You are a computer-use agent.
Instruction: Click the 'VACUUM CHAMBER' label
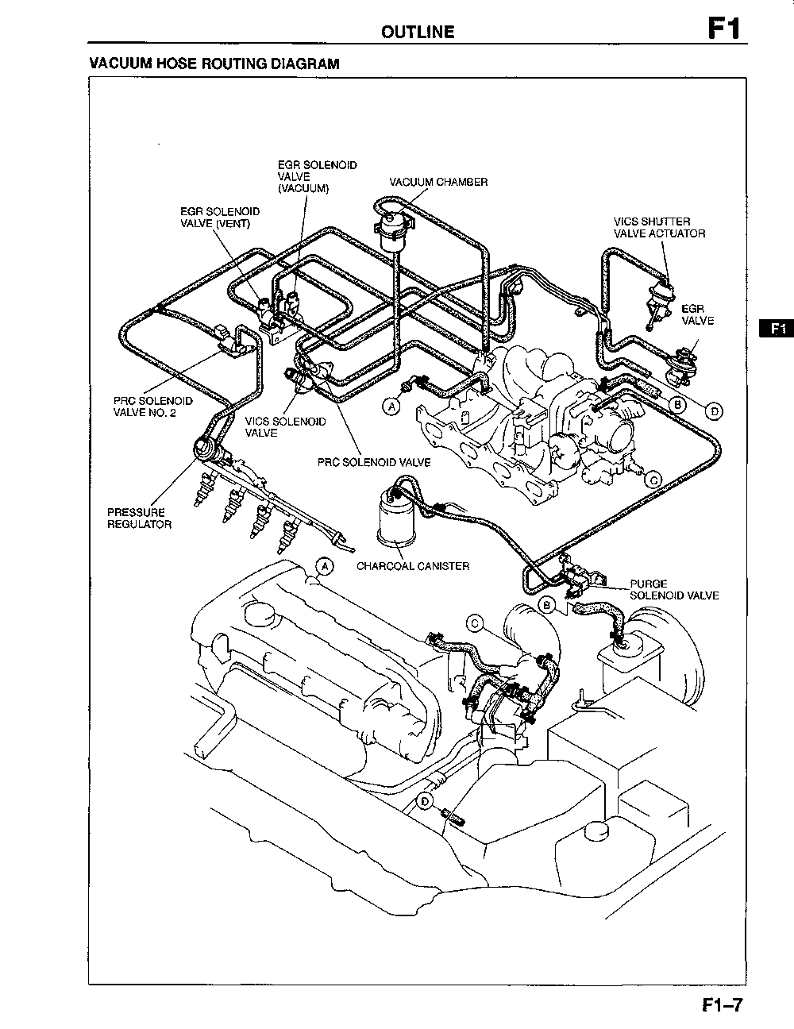click(x=438, y=182)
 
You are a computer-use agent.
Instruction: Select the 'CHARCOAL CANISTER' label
click(x=412, y=566)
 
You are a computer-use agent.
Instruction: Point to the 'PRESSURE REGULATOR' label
click(x=139, y=518)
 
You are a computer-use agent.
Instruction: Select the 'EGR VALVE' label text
click(x=697, y=314)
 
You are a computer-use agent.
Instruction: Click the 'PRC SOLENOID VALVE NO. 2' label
click(x=152, y=407)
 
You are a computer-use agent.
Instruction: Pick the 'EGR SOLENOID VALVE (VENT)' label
click(x=219, y=218)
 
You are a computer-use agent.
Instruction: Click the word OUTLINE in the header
click(x=418, y=32)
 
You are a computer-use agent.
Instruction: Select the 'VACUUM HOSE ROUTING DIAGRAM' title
click(x=214, y=64)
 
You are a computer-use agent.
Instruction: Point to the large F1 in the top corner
click(x=724, y=29)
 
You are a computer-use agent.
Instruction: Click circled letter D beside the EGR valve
click(x=715, y=410)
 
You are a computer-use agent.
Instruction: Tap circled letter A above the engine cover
click(x=324, y=566)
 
